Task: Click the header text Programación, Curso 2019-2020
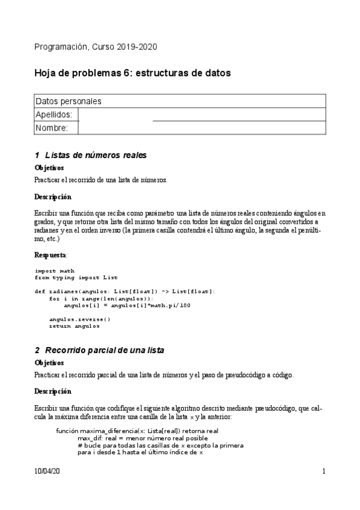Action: point(96,47)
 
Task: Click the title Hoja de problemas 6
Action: point(132,73)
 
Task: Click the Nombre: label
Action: point(51,127)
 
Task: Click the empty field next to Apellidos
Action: point(202,114)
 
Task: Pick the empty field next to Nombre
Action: point(202,127)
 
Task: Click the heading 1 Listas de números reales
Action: point(91,155)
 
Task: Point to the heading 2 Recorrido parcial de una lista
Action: point(99,350)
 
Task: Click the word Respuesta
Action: point(50,255)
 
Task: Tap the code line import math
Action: point(55,271)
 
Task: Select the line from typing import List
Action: point(76,277)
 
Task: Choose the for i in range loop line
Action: point(101,298)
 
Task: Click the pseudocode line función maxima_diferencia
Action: point(137,431)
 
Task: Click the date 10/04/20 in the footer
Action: point(47,473)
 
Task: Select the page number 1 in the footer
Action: point(323,473)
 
